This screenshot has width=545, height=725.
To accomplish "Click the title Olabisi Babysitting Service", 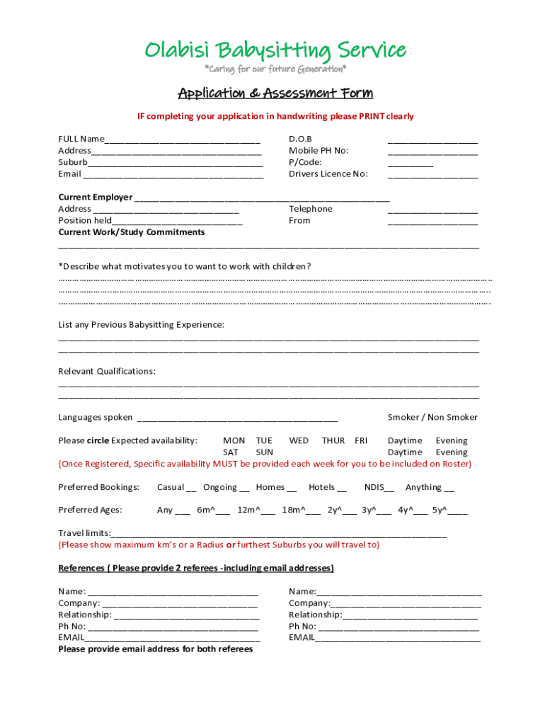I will [x=275, y=50].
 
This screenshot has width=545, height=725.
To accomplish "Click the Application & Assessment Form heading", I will [x=275, y=93].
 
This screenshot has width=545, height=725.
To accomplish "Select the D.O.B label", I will [x=300, y=139].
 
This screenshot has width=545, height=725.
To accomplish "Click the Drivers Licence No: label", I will [x=328, y=173].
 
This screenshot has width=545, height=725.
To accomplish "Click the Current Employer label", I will [x=95, y=197].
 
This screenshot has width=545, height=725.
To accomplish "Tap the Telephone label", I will [x=310, y=209].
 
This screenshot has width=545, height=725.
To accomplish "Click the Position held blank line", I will [x=177, y=222].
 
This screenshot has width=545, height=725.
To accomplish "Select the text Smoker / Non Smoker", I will [x=432, y=417].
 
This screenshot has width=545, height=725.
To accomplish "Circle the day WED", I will [x=299, y=440].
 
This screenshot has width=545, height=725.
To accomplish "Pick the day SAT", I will [x=231, y=452].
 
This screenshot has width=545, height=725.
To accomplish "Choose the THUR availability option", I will [x=333, y=440].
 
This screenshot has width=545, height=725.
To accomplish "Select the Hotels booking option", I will [x=327, y=487].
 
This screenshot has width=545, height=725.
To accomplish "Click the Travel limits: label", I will [x=84, y=532].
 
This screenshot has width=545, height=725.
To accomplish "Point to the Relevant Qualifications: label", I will [x=107, y=371].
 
